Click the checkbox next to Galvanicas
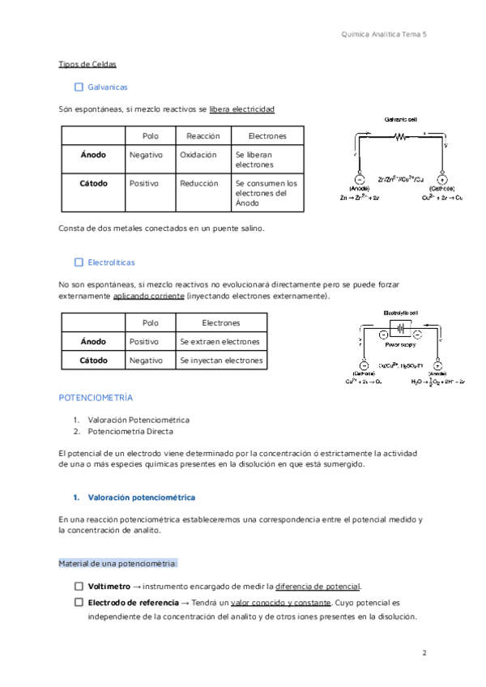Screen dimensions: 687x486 79,87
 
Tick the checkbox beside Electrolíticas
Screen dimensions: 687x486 79,262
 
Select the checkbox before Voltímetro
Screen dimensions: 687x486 79,587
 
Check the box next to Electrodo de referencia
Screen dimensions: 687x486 79,603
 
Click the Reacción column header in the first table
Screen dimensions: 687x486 202,136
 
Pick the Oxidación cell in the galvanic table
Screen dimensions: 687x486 198,155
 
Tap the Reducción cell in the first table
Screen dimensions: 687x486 199,183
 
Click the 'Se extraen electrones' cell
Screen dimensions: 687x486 220,342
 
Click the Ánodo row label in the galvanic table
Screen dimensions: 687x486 93,155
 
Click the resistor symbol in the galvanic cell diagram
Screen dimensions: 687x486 399,137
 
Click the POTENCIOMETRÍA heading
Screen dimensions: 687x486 96,399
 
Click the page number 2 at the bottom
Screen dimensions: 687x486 424,652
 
